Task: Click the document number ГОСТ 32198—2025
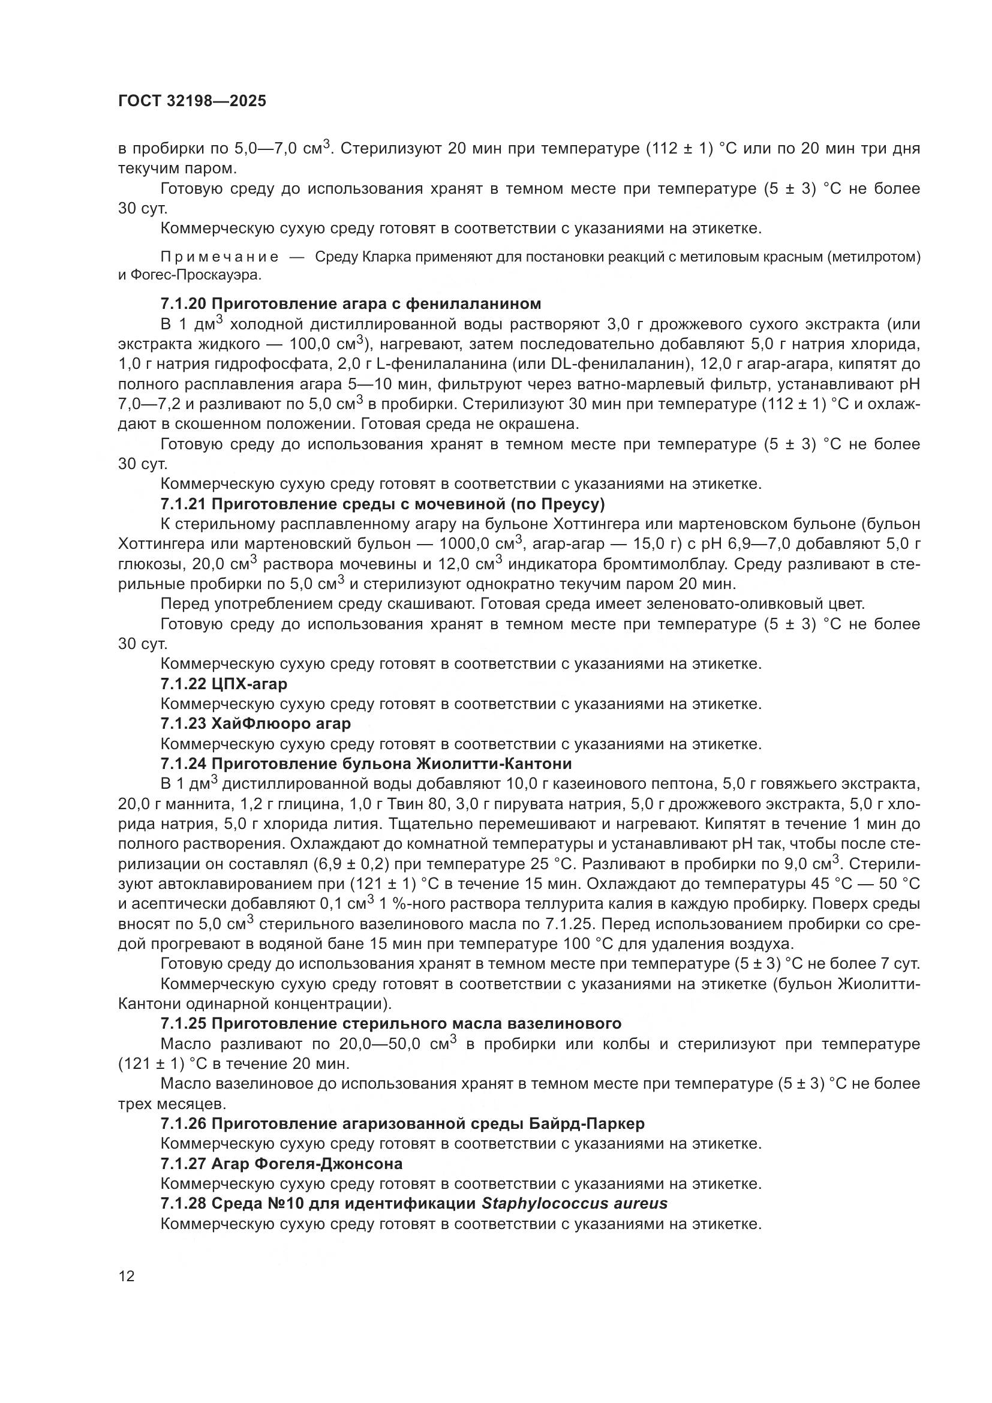193,101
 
